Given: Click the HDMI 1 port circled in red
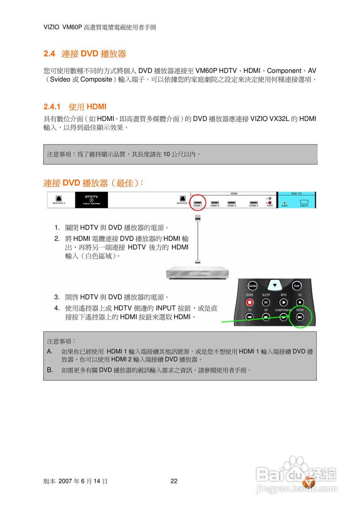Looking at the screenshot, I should coord(198,203).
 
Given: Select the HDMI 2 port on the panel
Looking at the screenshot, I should coord(215,203).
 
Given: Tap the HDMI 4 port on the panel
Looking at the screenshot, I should coord(253,203).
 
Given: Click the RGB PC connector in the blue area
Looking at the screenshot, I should coord(304,202).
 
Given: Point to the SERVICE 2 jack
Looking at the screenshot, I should coord(58,199).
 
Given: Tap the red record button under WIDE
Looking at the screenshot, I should coord(250,303).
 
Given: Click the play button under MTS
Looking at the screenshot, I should coord(283,303).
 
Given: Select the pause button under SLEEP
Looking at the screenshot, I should coord(266,303).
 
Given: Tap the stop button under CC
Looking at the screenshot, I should coord(300,303).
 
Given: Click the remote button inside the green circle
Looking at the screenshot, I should coord(300,317).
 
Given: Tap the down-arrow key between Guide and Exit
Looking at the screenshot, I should coord(274,285).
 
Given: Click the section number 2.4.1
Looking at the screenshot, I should coord(52,107).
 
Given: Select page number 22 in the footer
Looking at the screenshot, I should coord(174,481).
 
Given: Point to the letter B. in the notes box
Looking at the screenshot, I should coord(50,370).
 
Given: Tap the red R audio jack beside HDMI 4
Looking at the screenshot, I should coord(270,202).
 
